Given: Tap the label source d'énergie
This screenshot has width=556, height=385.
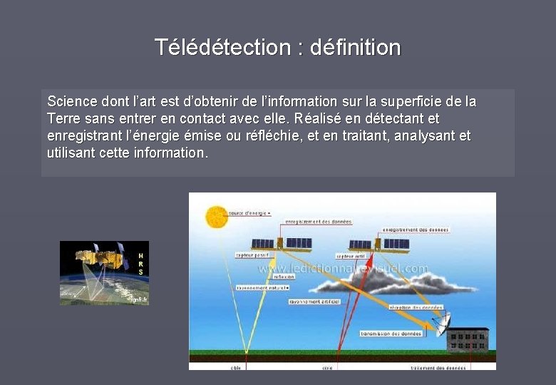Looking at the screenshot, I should (x=249, y=212).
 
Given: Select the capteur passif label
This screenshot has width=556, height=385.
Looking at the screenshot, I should (x=254, y=254).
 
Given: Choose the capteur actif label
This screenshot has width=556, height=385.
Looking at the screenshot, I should (x=351, y=255).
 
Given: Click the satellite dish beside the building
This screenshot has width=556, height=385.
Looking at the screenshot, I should (x=442, y=324).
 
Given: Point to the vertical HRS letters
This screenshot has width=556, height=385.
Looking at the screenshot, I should (x=140, y=264).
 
